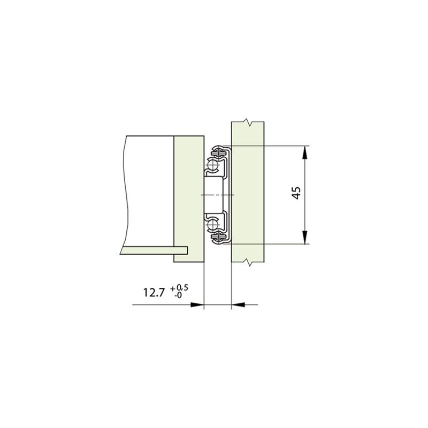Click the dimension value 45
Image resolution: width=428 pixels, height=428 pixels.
[297, 193]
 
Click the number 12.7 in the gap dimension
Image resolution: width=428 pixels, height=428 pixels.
[154, 293]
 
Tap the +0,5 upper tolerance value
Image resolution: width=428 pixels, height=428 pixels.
[179, 287]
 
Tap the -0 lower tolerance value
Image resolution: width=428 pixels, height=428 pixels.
[178, 295]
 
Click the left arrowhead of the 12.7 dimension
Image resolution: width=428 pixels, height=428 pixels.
[197, 304]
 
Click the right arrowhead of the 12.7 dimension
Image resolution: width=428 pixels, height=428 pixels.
[238, 304]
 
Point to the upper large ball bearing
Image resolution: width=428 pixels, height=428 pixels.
[212, 165]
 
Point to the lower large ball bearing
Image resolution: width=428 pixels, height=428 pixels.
[212, 225]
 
